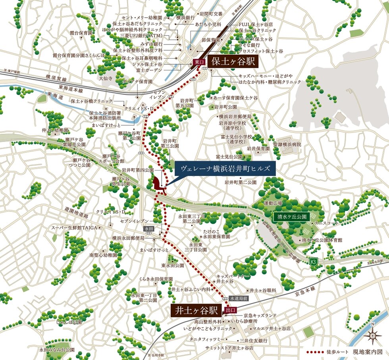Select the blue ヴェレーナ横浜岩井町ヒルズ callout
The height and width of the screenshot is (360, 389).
pos(225,168)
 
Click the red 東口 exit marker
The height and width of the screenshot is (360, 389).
pos(198,62)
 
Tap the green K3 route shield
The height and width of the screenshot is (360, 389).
pos(313,261)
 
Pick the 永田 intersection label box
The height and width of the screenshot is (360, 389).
pos(149,229)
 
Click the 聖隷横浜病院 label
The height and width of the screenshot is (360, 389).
pos(287,145)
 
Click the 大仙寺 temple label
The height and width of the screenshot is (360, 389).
pos(106,79)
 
